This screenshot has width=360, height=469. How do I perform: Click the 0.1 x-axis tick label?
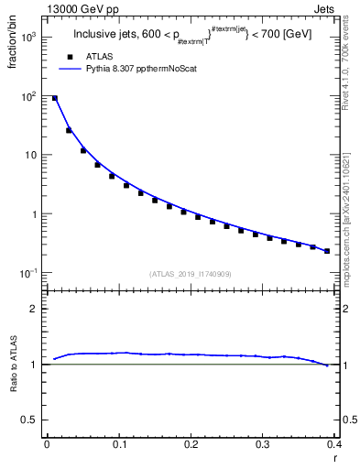118,443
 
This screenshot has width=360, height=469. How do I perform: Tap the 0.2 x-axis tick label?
191,443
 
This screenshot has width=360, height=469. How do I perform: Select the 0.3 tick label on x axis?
263,443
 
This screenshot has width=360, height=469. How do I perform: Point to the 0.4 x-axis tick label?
333,443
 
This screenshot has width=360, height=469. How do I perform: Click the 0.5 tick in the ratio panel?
32,419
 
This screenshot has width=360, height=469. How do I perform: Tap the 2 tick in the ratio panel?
36,309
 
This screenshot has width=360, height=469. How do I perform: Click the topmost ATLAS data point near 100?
54,98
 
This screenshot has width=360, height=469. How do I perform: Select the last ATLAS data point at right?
327,251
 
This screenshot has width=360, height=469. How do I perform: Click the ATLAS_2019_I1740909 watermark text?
191,274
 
